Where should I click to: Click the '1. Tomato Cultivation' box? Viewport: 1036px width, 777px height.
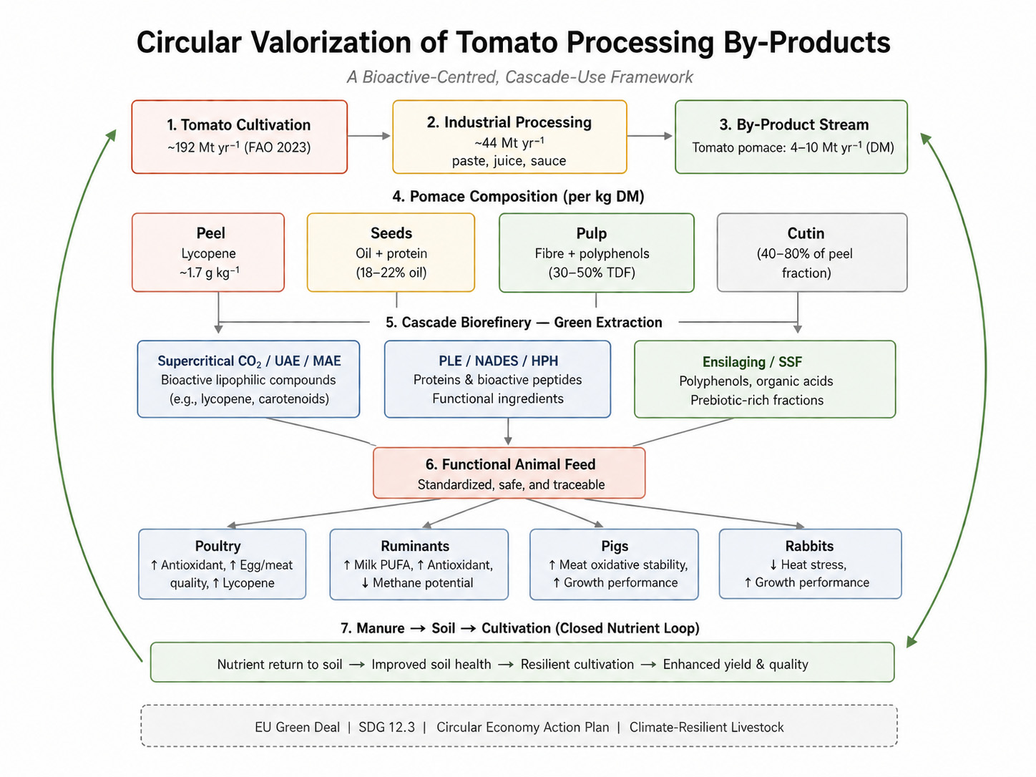(239, 137)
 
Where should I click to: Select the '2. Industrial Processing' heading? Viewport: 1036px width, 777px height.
(509, 122)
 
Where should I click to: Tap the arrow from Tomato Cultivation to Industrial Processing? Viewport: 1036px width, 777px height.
(369, 136)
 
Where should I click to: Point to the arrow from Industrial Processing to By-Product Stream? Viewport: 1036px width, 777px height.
(650, 136)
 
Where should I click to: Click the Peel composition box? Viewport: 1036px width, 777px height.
(208, 253)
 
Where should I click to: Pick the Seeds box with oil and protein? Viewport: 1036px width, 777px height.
(391, 253)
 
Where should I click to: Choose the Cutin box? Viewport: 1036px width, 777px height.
(812, 253)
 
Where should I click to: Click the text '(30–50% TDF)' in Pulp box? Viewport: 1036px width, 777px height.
(592, 273)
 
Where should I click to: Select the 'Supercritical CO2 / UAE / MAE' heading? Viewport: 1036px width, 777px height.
(249, 361)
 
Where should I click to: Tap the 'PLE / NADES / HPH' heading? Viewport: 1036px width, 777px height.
(498, 361)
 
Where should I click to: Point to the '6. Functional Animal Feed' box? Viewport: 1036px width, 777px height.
(509, 473)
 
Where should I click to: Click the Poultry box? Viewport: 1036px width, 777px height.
(222, 565)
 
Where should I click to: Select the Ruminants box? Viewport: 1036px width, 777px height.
(419, 565)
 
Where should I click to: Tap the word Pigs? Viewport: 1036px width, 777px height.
(615, 546)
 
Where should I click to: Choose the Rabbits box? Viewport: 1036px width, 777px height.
(810, 564)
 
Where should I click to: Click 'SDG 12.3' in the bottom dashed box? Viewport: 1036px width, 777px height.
(386, 727)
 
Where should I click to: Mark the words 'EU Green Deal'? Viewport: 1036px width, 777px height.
(297, 727)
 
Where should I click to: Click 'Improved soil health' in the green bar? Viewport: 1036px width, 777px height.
(431, 664)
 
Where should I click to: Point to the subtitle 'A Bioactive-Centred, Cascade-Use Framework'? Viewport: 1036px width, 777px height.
(519, 77)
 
